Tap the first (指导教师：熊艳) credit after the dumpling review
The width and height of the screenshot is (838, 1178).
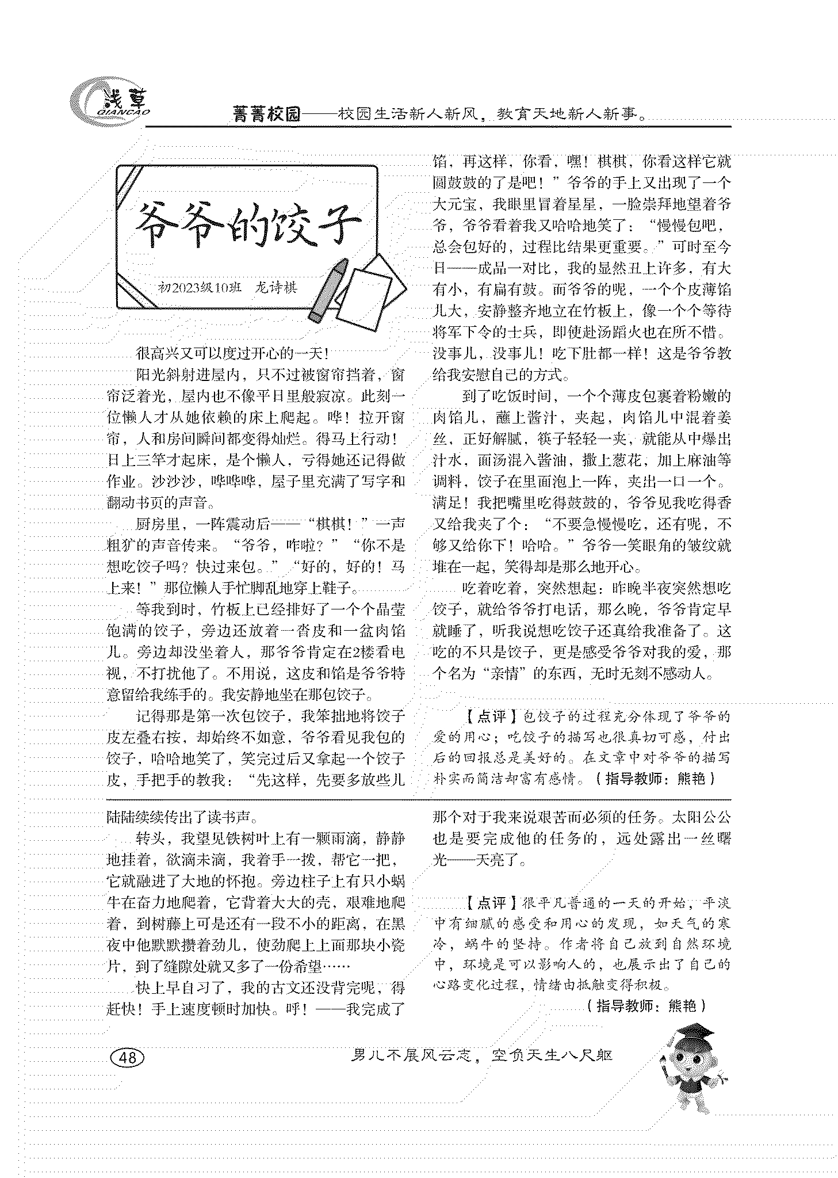[656, 779]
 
